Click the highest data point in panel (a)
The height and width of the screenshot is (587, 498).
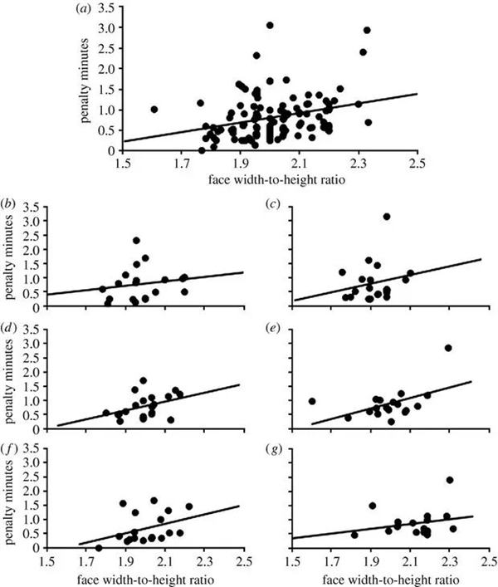[x=270, y=26]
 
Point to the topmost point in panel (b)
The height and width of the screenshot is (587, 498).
[x=136, y=241]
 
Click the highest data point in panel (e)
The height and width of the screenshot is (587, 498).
[x=448, y=348]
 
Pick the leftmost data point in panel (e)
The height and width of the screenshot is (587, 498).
[x=312, y=401]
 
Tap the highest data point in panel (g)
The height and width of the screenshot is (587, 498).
[x=450, y=480]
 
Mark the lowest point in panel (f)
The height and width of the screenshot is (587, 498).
[x=99, y=548]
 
